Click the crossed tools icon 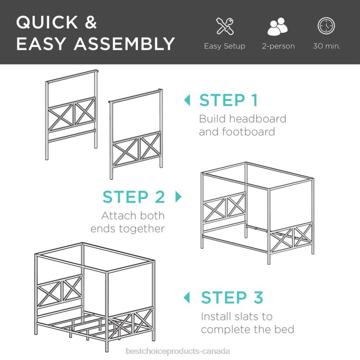pos(225,26)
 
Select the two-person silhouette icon pos(278,27)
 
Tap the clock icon pos(326,26)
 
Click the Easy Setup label pos(224,46)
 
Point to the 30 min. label pos(326,46)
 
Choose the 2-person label pos(278,46)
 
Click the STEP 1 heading pos(229,100)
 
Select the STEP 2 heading pos(134,197)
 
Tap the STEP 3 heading pos(232,298)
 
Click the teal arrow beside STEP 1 pos(188,100)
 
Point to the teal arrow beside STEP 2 pos(178,197)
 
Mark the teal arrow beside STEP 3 pos(188,298)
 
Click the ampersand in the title pos(90,23)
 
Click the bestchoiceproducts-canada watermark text pos(178,351)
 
